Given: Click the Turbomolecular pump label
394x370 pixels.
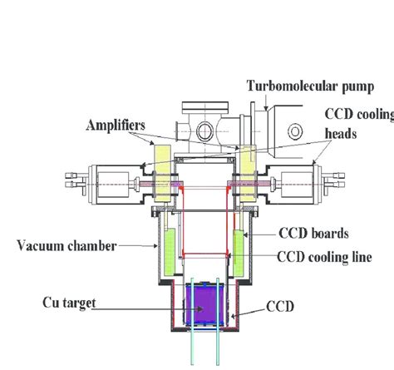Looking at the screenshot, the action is pos(310,86).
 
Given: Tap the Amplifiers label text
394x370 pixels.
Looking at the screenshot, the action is pos(116,125).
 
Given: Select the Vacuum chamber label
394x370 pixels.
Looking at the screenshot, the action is pos(66,245).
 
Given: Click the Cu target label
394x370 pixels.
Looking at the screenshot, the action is pos(69,303).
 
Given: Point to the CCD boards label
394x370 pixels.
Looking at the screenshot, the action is pos(313,233).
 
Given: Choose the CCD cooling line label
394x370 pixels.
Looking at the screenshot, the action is pos(324,257).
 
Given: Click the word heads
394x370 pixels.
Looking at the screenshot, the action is pos(341,134).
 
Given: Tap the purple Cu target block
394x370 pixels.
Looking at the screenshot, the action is pos(204,303).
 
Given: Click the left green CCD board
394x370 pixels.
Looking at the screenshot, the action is pos(170,252).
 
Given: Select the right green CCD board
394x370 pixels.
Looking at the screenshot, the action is pos(239,254).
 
